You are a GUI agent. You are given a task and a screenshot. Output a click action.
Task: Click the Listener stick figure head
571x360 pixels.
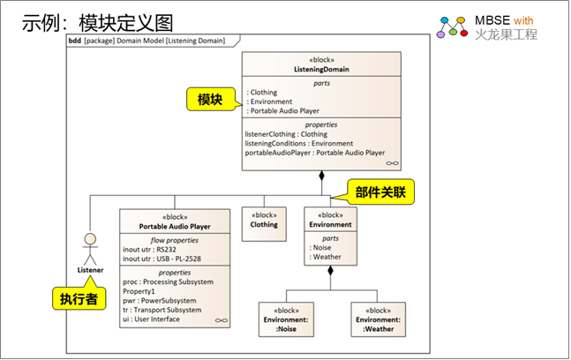click(x=88, y=238)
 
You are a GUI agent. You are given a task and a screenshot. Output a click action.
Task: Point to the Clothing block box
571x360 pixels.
click(x=264, y=220)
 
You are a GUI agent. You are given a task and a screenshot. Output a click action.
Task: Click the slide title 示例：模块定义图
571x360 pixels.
click(x=98, y=22)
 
